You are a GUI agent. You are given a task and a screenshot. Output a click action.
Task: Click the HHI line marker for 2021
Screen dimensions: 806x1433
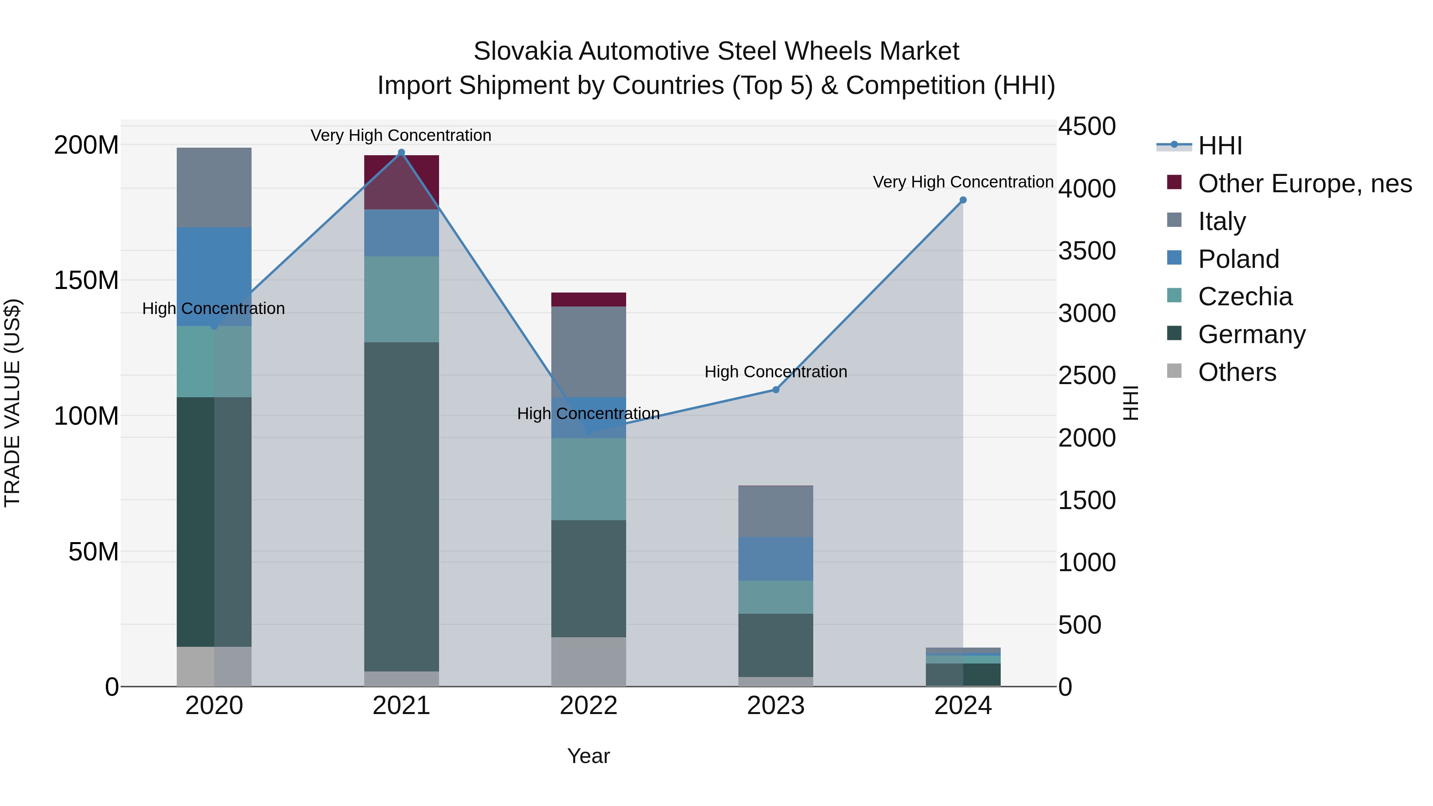coord(401,152)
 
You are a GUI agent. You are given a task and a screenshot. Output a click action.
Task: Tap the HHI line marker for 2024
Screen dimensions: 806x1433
coord(963,200)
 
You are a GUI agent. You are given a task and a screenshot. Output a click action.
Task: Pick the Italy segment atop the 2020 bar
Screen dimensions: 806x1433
coord(214,187)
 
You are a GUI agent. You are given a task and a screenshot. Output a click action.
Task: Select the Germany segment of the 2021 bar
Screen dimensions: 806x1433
coord(401,506)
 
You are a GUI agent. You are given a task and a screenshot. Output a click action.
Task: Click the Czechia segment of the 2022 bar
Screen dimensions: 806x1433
coord(589,479)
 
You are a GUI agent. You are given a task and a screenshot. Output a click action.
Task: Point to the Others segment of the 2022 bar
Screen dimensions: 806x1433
coord(589,662)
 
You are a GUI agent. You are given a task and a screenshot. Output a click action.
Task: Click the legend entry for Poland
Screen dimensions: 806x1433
coord(1238,259)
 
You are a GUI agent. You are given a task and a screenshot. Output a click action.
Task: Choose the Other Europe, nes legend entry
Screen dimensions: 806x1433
coord(1304,183)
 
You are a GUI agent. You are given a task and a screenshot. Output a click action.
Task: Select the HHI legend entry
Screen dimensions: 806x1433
coord(1219,146)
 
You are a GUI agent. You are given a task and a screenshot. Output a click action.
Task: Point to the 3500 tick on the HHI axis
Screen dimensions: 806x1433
coord(1086,251)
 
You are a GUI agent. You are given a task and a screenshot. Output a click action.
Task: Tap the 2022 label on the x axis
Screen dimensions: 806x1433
coord(589,706)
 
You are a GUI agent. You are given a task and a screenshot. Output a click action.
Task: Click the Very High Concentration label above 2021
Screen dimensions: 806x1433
coord(401,135)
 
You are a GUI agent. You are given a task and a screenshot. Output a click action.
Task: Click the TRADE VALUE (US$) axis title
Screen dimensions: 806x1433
coord(12,403)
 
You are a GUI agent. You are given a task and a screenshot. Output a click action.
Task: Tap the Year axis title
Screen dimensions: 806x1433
coord(589,756)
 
